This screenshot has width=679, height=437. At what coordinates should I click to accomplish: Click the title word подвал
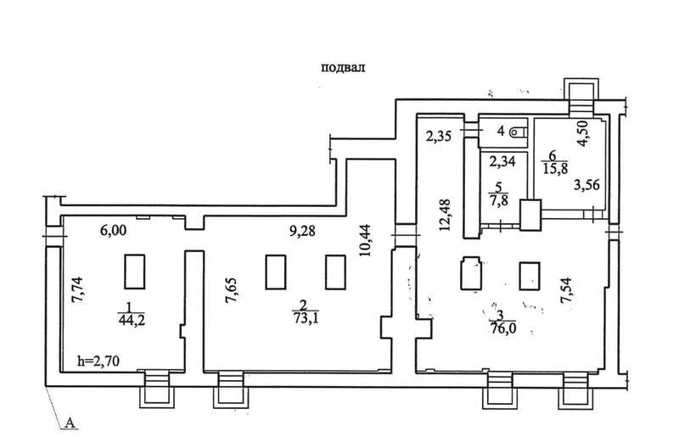click(x=344, y=69)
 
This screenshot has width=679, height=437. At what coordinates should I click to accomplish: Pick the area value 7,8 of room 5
click(x=499, y=200)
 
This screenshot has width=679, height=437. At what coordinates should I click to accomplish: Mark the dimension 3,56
click(x=586, y=184)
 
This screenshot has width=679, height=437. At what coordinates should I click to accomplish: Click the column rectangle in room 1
click(x=134, y=272)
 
